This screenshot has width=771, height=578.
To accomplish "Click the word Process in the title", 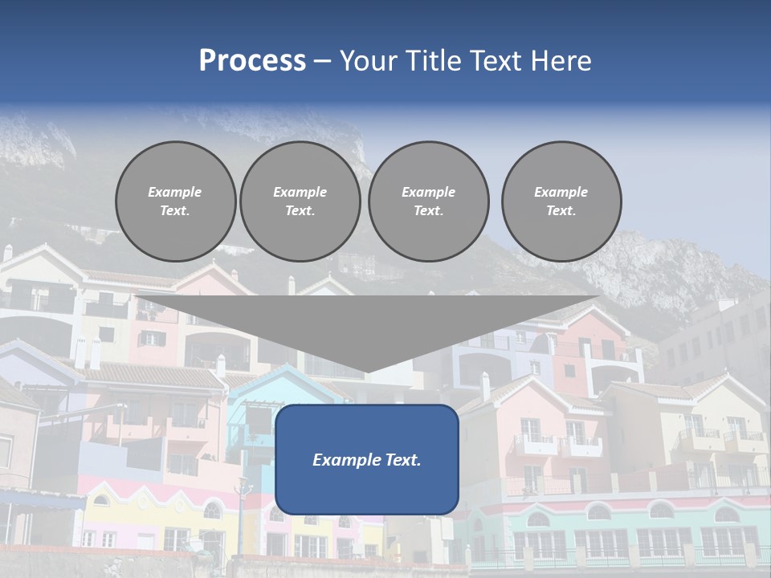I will [252, 61].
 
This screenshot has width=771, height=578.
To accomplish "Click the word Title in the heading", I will [430, 61].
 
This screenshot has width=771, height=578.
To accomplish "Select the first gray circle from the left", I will [175, 201].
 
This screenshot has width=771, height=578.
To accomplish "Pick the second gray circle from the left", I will [300, 201].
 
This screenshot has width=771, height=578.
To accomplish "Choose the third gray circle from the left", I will [428, 201].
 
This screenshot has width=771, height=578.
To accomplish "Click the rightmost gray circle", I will [561, 201].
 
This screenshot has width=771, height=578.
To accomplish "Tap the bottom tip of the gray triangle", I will [366, 371].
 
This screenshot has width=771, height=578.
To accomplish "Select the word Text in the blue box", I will [402, 460].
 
